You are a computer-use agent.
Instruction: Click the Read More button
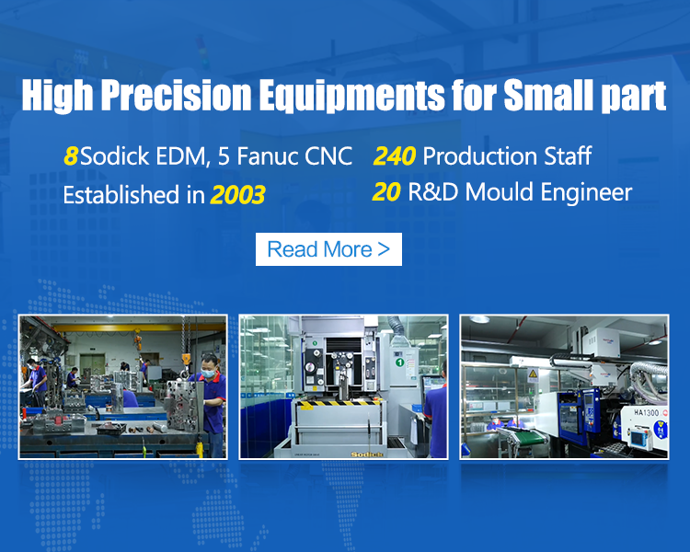(328, 249)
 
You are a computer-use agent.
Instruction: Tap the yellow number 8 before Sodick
(71, 155)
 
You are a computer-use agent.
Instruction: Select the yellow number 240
(395, 155)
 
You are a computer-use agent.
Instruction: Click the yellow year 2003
(238, 194)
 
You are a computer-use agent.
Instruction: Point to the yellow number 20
(386, 192)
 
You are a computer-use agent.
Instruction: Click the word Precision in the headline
(177, 95)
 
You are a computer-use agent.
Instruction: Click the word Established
(121, 194)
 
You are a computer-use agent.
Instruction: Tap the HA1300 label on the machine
(646, 412)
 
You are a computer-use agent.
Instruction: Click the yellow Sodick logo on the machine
(367, 454)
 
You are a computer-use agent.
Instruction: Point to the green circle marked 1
(399, 362)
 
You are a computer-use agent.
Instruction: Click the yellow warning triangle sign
(533, 374)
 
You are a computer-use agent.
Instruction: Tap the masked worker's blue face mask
(209, 374)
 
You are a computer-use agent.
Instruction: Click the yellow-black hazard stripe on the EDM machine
(339, 403)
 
